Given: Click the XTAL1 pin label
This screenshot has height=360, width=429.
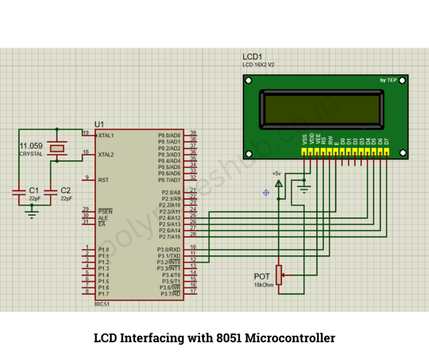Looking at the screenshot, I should (x=106, y=135).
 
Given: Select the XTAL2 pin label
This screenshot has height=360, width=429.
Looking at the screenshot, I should (x=106, y=154).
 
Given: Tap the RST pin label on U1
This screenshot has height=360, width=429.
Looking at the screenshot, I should (x=103, y=180).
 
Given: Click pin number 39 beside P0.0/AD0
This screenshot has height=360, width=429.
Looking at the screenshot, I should (x=193, y=133).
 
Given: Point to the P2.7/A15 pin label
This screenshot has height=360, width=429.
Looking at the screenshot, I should (x=170, y=236).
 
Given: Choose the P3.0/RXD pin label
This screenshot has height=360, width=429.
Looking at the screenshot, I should (x=170, y=249).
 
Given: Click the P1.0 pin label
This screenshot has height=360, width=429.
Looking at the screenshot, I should (x=103, y=250).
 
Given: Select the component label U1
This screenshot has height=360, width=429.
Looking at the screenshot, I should (x=99, y=124).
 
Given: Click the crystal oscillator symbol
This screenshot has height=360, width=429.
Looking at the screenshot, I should (x=56, y=148).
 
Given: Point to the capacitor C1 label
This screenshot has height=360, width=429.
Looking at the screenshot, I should (x=34, y=191).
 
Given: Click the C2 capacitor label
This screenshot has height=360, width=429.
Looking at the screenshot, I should (x=65, y=191).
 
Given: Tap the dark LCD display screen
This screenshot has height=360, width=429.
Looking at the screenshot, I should (x=323, y=110).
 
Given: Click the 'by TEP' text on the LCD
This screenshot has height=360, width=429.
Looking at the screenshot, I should (x=388, y=80).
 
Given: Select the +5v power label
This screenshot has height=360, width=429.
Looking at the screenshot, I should (x=277, y=173).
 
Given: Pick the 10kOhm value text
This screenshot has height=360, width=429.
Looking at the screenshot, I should (x=263, y=285).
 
